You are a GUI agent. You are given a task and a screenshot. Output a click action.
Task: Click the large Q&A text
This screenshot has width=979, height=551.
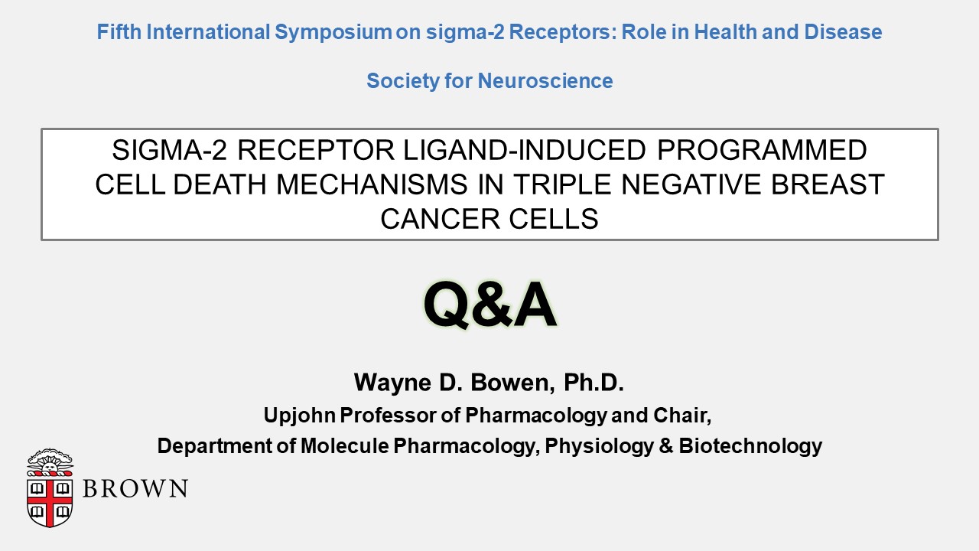[490, 305]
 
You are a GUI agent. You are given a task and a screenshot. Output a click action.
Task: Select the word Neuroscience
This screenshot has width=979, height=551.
[545, 81]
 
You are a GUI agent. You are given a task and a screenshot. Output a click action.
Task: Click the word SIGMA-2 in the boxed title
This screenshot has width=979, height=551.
[170, 150]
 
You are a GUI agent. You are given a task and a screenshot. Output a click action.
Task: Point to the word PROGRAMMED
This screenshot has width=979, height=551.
[762, 150]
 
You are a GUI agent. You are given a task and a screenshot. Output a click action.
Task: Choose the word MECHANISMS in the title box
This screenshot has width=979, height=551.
[372, 184]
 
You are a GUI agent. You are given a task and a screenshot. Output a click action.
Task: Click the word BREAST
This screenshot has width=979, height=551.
[828, 184]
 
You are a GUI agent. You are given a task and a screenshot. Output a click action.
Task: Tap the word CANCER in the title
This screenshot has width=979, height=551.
[440, 219]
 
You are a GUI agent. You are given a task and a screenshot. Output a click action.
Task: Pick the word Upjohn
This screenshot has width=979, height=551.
[299, 415]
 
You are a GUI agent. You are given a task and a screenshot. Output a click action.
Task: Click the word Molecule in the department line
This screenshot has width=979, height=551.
[344, 446]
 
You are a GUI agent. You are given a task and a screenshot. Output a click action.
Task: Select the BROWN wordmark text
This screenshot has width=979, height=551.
[135, 488]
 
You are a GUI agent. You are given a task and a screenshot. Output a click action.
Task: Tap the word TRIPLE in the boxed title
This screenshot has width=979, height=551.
[562, 184]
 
